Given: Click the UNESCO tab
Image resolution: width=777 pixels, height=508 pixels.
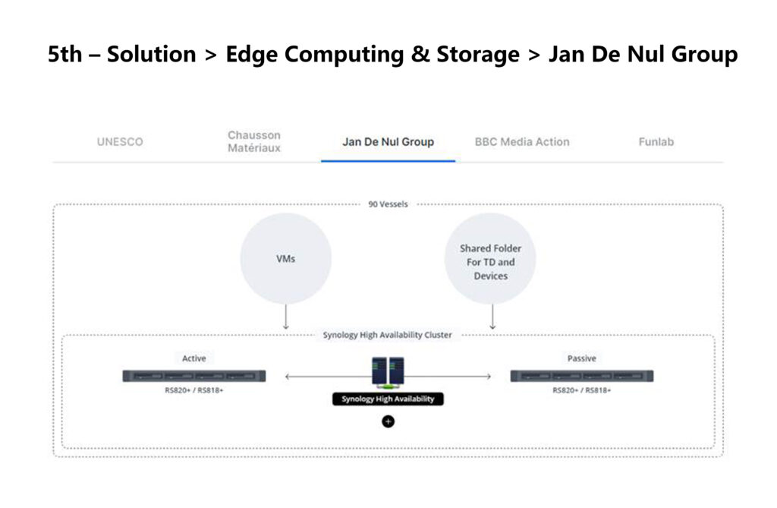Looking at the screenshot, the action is [x=120, y=142].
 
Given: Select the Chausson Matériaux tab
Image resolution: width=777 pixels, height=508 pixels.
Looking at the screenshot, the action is [x=254, y=141].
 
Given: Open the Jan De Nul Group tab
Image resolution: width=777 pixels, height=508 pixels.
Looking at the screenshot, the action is [x=388, y=142].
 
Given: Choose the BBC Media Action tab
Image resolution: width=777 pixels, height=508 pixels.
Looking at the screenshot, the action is [x=522, y=142].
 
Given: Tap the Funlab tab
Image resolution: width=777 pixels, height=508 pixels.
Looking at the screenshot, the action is [x=656, y=142].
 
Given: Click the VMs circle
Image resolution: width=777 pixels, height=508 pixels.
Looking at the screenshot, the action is [x=286, y=258].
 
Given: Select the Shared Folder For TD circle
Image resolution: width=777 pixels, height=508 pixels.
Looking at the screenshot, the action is [x=490, y=258].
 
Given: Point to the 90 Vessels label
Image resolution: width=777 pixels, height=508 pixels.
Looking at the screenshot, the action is [x=388, y=204].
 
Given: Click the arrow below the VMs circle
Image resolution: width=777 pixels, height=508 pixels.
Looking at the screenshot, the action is [x=286, y=317].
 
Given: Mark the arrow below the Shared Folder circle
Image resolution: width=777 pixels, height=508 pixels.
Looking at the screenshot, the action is [x=492, y=317].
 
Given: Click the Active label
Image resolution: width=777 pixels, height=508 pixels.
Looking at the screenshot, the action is [x=193, y=358].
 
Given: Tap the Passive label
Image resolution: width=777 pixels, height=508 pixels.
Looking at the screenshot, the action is [x=582, y=358].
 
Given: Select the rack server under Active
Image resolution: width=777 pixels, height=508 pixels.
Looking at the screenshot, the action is [x=193, y=376].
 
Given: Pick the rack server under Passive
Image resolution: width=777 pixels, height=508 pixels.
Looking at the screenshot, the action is [x=582, y=376].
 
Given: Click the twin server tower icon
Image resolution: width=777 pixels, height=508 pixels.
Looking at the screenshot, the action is [x=388, y=372].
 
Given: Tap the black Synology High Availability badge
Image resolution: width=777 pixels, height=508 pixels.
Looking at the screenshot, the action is [x=388, y=399].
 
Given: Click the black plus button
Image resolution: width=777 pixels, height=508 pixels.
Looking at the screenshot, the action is [x=388, y=421].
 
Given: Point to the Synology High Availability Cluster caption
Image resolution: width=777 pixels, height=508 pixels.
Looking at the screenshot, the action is [x=388, y=335].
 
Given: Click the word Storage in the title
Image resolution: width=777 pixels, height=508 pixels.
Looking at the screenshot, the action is [x=478, y=55].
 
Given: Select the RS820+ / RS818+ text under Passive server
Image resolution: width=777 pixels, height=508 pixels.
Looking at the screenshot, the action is [x=582, y=390].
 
